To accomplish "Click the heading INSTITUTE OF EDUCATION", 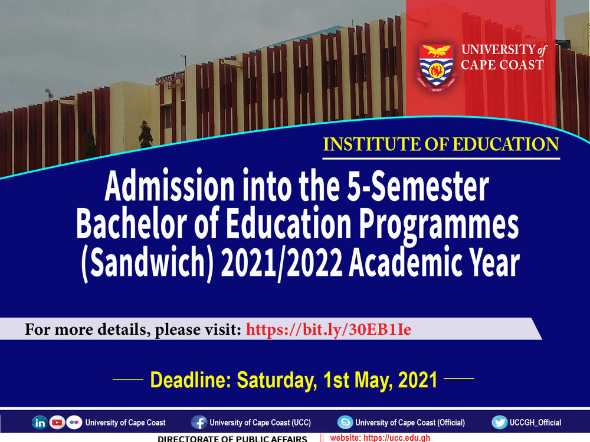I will [441, 145].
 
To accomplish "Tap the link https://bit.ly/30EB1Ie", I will [328, 329].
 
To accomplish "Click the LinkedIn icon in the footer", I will [40, 423].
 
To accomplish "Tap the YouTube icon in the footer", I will [57, 423].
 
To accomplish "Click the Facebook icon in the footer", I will [199, 423].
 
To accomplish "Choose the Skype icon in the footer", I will [345, 423].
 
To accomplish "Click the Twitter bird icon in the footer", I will [500, 423].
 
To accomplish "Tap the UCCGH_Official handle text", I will [536, 423].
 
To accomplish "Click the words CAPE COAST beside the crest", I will [502, 65].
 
